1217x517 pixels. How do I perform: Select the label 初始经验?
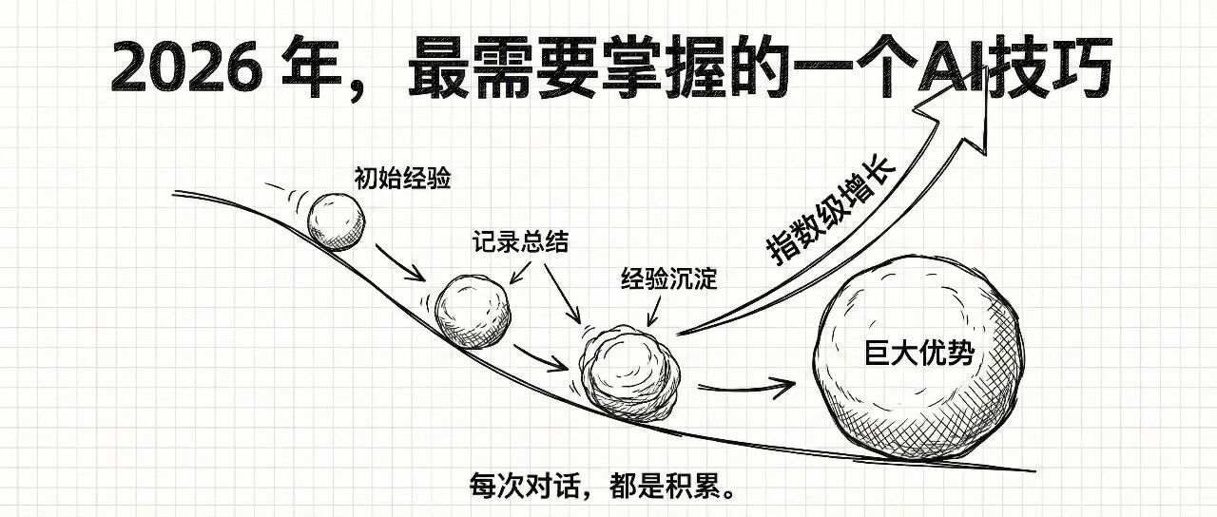point(389,178)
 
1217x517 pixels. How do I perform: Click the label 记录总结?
point(520,242)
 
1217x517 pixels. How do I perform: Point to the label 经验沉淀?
point(668,280)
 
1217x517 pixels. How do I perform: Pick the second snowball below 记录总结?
point(472,311)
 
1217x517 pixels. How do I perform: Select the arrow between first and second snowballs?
point(399,263)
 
